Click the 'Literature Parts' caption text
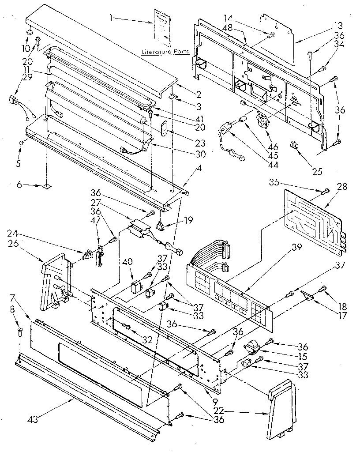pyautogui.click(x=165, y=52)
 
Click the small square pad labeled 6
pyautogui.click(x=45, y=187)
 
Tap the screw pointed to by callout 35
pyautogui.click(x=325, y=191)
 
